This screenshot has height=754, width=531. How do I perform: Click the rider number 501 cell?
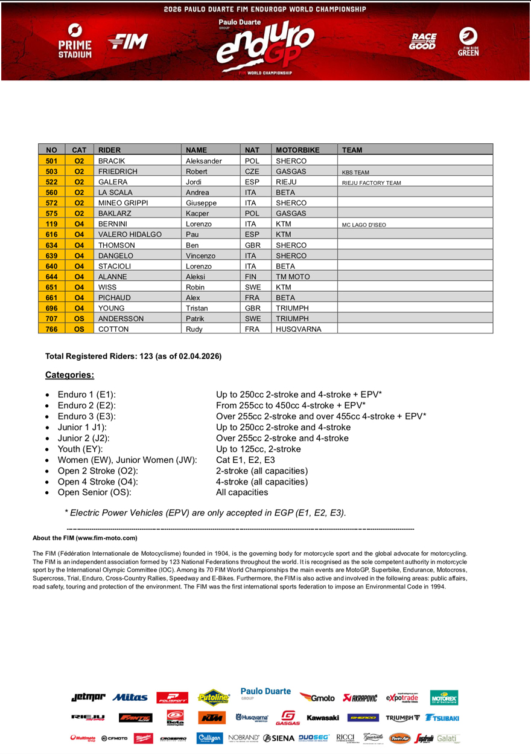(x=51, y=161)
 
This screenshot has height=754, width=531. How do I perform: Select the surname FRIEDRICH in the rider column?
(x=118, y=172)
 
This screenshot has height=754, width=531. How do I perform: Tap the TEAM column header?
(x=352, y=150)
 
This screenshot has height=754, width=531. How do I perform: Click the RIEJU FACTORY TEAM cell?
(x=371, y=182)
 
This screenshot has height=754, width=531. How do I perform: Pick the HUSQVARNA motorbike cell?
(x=298, y=329)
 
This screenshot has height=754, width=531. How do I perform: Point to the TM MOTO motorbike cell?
(x=293, y=277)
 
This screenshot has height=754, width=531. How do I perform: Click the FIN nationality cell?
(x=251, y=277)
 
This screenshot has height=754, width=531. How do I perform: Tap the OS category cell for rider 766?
(x=79, y=329)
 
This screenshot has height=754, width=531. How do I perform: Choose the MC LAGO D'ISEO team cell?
(x=364, y=225)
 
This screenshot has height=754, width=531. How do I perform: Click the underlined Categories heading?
(x=69, y=375)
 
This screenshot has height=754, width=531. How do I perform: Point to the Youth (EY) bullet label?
(x=80, y=449)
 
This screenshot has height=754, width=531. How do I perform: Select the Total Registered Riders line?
(x=133, y=356)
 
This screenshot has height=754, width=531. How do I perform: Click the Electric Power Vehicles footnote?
(x=206, y=513)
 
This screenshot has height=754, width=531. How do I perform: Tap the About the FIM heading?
(x=85, y=538)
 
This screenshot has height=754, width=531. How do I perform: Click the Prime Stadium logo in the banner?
(x=75, y=42)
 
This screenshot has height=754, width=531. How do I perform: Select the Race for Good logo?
(x=422, y=42)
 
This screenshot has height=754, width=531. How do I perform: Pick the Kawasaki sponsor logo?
(x=322, y=718)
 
